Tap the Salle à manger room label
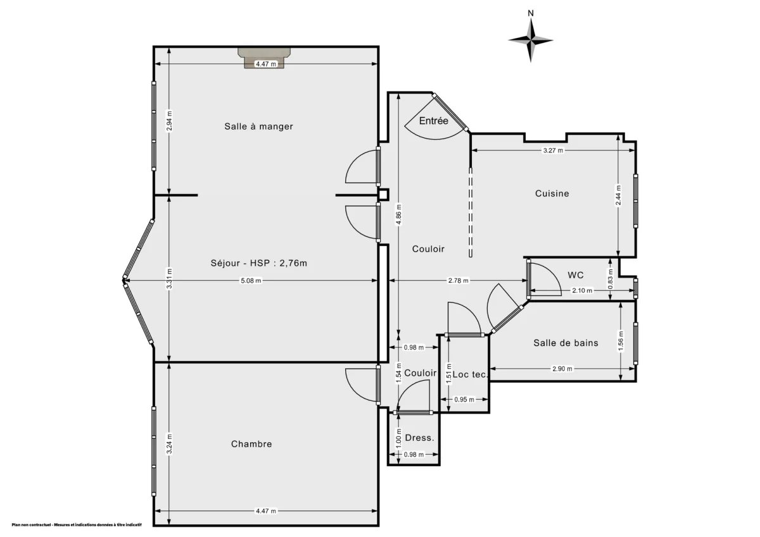tap(258, 127)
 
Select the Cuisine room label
tap(552, 194)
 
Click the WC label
tap(576, 275)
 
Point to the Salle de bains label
tap(566, 343)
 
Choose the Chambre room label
tap(251, 444)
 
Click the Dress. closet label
tap(419, 438)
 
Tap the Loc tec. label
tap(470, 374)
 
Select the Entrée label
tap(434, 120)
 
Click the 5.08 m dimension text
tap(251, 281)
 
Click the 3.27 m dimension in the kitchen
tap(553, 151)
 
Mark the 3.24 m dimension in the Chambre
tap(168, 440)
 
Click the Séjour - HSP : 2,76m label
tap(260, 263)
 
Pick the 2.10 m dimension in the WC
tap(581, 291)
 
